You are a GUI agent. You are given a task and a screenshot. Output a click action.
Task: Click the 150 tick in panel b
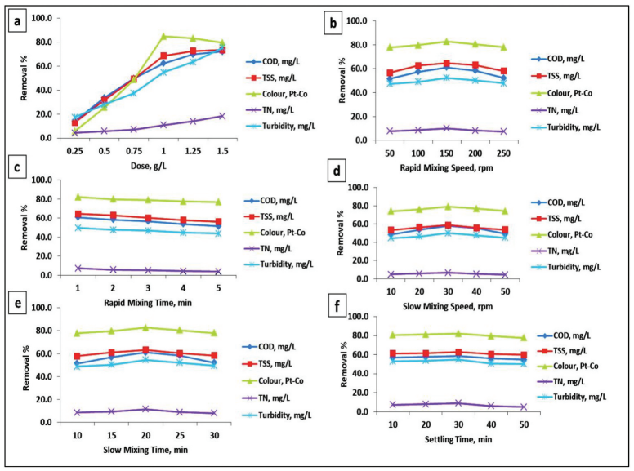coord(446,153)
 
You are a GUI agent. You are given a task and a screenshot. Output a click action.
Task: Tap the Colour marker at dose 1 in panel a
coord(163,36)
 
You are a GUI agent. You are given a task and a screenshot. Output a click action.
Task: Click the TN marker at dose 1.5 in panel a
coord(221,116)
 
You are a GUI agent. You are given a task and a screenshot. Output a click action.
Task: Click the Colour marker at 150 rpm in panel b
coord(446,42)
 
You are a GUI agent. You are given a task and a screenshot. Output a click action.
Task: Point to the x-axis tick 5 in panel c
coord(217,287)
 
